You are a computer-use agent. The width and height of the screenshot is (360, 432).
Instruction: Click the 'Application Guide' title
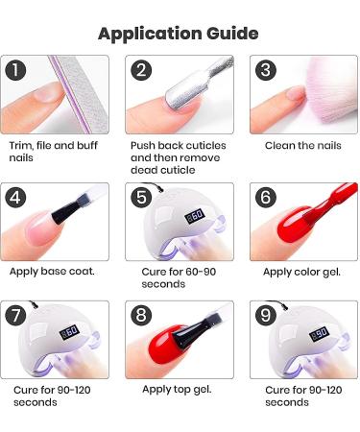point(179,34)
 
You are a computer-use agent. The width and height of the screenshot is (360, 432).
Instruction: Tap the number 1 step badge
point(15,70)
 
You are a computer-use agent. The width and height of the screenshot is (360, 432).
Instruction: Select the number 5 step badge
point(141,197)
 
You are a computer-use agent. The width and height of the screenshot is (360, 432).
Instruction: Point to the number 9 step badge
point(266,315)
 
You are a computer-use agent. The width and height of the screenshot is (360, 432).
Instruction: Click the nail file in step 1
point(79,93)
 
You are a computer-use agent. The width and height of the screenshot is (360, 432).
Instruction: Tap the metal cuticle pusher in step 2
point(194,84)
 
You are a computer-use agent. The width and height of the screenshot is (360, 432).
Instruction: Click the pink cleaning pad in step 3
point(329,94)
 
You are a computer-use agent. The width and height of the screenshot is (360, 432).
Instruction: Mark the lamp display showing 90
point(319,334)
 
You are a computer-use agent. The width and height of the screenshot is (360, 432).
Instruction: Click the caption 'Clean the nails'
point(303,146)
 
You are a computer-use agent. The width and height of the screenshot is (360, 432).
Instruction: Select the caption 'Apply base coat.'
point(52,272)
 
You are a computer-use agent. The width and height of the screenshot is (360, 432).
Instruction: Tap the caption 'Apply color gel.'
point(301,273)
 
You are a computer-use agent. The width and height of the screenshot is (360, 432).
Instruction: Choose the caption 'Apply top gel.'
point(177,390)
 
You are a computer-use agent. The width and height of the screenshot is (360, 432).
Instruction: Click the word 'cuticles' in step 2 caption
point(206,146)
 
